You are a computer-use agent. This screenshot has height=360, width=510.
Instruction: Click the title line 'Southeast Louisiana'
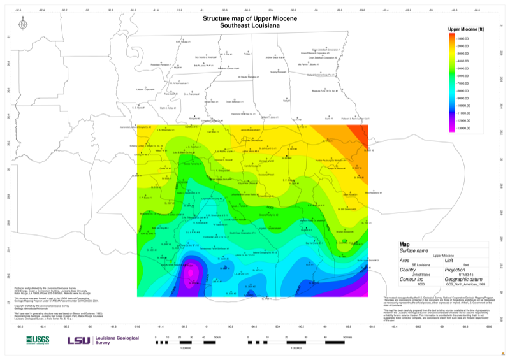(250, 26)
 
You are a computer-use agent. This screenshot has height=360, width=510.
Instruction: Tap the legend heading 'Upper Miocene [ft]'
(467, 29)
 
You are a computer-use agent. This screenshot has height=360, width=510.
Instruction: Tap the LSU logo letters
(79, 340)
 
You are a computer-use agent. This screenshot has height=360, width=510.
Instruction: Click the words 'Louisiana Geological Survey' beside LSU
(115, 340)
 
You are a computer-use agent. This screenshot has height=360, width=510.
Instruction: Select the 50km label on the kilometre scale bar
(217, 335)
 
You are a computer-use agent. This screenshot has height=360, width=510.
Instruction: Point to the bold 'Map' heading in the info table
(405, 244)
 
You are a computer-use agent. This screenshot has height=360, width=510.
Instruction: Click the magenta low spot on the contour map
(189, 273)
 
